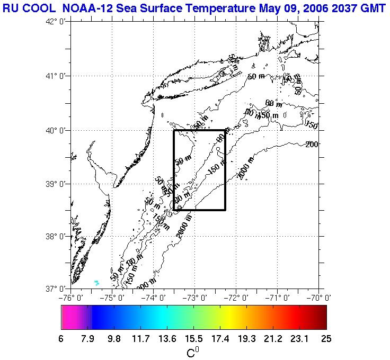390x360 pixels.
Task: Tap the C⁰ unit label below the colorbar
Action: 193,352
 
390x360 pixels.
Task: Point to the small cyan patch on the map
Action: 96,282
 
